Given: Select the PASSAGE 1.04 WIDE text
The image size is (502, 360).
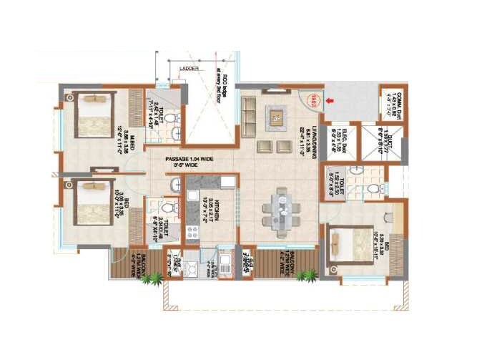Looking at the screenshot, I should (190, 160).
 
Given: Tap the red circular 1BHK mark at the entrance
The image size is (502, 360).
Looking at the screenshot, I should (312, 101).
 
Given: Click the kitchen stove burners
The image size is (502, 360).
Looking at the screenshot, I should (192, 232).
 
